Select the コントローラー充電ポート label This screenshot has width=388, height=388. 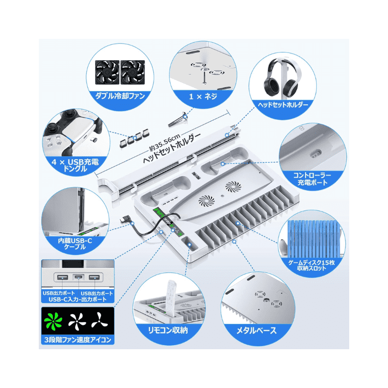point(313,178)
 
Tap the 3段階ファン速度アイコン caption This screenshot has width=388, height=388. point(78,340)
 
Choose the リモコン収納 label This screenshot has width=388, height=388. point(168,330)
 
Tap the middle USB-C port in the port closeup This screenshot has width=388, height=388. point(78,278)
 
